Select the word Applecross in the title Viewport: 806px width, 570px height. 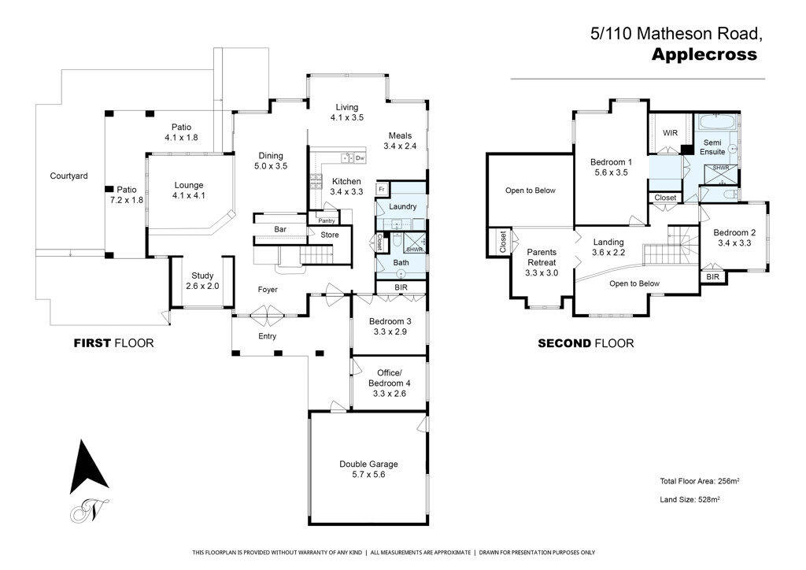click(704, 54)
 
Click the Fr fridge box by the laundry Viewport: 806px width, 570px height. click(382, 190)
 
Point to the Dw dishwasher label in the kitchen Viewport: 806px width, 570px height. click(360, 157)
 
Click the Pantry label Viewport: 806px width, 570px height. click(327, 220)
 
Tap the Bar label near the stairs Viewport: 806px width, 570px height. click(280, 229)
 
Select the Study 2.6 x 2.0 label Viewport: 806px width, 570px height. click(202, 280)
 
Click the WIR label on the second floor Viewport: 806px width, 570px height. click(671, 133)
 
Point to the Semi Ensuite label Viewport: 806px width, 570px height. click(712, 147)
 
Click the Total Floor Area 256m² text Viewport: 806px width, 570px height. click(700, 481)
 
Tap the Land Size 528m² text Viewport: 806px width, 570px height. click(690, 499)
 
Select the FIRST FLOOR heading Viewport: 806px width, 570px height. click(113, 342)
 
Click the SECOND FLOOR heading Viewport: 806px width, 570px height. click(586, 342)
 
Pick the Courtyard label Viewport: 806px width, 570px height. click(69, 176)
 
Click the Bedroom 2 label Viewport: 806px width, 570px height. click(734, 238)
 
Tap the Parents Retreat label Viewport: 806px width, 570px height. click(542, 262)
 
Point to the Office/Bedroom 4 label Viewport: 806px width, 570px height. click(390, 383)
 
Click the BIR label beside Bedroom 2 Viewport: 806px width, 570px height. click(713, 276)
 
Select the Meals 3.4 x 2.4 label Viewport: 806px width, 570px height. click(400, 141)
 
